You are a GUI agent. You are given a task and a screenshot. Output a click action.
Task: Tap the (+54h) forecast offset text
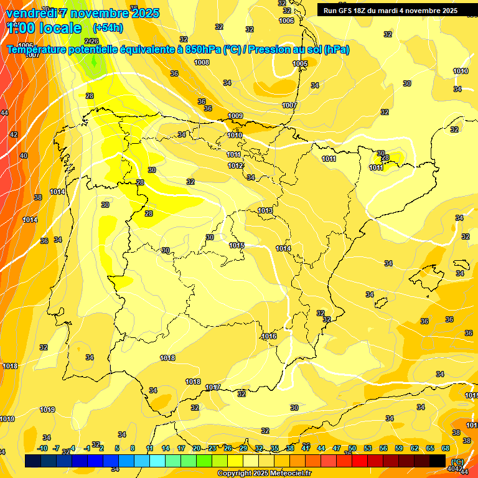click(x=108, y=28)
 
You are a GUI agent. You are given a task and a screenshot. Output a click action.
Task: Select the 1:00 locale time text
click(x=44, y=28)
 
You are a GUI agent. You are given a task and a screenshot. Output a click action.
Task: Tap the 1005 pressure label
click(x=300, y=63)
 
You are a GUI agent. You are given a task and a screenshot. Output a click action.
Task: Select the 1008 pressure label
click(x=202, y=62)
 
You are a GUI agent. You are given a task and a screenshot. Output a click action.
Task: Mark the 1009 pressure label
click(x=235, y=116)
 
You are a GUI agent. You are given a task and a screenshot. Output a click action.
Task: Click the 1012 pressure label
click(x=235, y=166)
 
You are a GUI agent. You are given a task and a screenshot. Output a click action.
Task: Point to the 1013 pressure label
click(x=265, y=211)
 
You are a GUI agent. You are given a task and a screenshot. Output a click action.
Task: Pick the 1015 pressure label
click(x=237, y=245)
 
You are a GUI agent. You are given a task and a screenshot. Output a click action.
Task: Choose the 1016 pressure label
click(x=269, y=336)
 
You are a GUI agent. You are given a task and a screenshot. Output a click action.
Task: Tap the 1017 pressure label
click(x=213, y=387)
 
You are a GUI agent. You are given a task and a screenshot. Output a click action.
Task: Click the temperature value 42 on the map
click(x=14, y=134)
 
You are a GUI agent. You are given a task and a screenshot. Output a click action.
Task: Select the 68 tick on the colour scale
click(x=446, y=448)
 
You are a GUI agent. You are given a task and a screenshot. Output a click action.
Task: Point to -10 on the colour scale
click(x=42, y=448)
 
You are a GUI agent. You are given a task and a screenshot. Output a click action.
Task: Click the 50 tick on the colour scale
click(x=352, y=448)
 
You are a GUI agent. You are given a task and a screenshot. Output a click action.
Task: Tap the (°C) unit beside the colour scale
click(x=457, y=462)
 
